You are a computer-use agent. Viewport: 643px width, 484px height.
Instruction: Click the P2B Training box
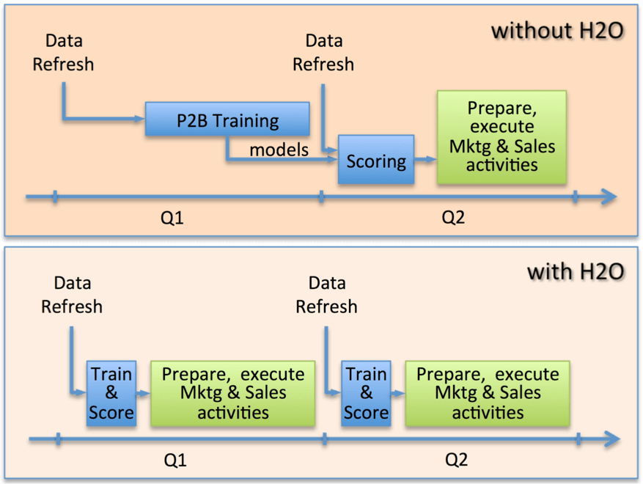click(227, 120)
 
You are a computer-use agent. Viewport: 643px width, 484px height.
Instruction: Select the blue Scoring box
click(375, 160)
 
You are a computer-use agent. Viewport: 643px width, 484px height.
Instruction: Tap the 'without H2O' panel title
click(557, 31)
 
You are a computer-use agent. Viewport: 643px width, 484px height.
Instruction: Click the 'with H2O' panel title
click(576, 271)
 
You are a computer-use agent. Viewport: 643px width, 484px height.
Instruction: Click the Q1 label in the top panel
click(172, 218)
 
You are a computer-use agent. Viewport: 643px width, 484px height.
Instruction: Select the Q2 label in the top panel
click(453, 218)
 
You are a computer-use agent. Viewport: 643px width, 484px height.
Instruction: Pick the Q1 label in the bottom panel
click(174, 460)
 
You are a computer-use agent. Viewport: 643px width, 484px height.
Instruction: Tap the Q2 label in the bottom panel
click(456, 460)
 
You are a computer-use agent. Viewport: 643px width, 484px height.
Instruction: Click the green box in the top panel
click(501, 137)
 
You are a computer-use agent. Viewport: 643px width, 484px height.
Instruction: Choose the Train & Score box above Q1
click(111, 393)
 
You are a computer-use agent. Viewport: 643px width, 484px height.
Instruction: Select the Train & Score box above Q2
click(366, 393)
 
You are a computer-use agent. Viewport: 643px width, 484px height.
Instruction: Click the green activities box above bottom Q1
click(232, 393)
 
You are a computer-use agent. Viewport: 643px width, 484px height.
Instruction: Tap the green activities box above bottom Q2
click(488, 393)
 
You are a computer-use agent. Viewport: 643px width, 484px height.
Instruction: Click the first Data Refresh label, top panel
click(63, 53)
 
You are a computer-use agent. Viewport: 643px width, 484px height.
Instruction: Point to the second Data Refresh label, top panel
click(323, 53)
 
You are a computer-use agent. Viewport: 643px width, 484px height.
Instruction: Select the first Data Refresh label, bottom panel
click(72, 294)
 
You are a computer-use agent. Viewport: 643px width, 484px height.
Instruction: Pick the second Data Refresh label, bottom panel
click(326, 294)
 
